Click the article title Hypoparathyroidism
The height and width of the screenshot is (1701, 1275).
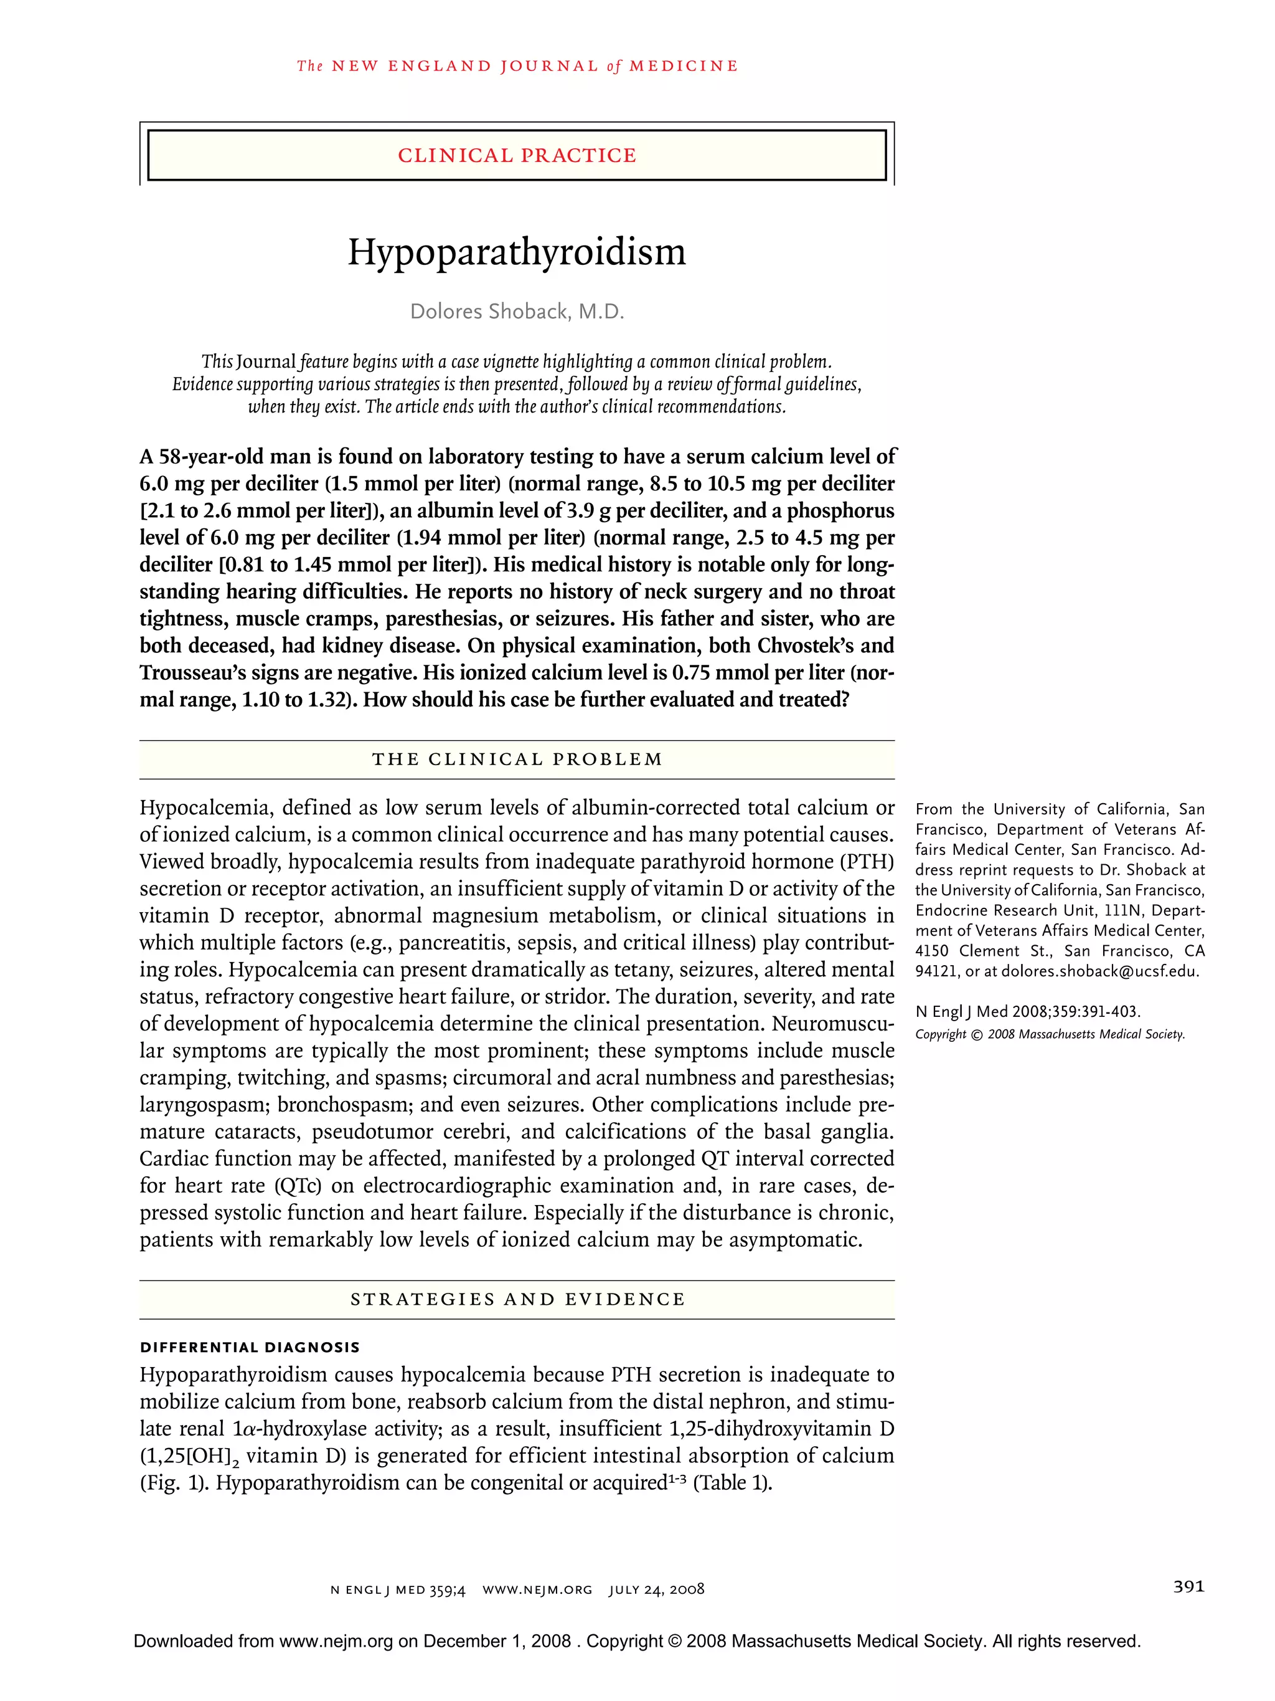[517, 253]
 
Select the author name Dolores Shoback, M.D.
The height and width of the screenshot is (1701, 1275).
[517, 312]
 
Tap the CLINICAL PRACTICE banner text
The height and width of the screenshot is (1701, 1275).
[517, 155]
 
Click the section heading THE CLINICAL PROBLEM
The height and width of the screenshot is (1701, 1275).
[517, 759]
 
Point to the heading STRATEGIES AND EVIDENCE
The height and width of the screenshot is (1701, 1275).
[517, 1299]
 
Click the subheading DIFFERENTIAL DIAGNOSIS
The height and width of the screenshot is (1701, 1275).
[249, 1347]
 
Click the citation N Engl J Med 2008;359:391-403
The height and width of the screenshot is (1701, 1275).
[1027, 1012]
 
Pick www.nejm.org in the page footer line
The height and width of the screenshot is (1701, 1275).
[537, 1589]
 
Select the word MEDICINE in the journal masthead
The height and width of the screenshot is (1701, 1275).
[683, 66]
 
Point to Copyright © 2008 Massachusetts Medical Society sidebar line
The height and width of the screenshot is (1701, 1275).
[1050, 1034]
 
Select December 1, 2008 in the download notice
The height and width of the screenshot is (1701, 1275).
[496, 1642]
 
